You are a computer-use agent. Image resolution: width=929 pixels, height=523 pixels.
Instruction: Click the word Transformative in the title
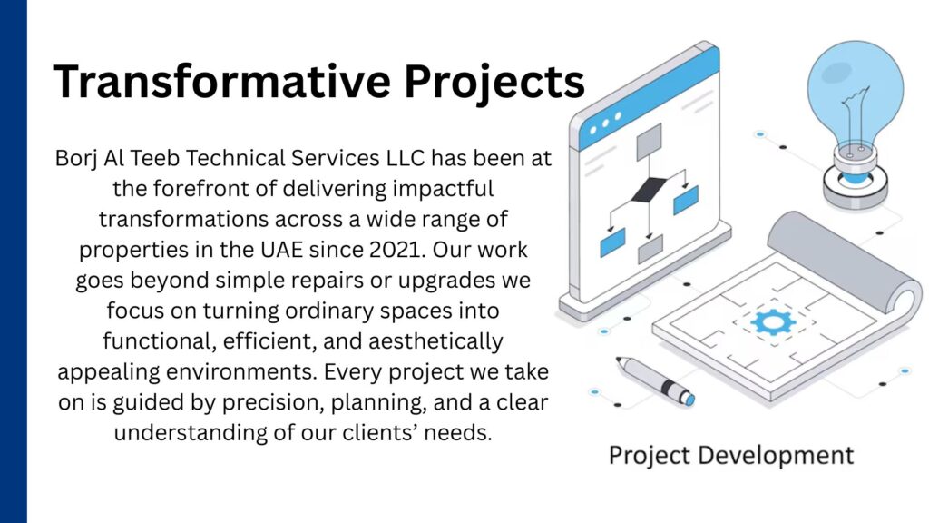pyautogui.click(x=221, y=81)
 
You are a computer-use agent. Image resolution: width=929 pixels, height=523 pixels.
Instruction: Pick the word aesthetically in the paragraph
pyautogui.click(x=435, y=342)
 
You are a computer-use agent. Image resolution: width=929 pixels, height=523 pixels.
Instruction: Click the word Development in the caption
pyautogui.click(x=776, y=456)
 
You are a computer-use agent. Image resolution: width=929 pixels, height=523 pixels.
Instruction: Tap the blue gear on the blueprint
pyautogui.click(x=773, y=323)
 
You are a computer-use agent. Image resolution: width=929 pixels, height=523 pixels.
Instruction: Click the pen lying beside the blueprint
pyautogui.click(x=655, y=380)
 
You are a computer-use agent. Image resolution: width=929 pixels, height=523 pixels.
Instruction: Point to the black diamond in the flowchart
pyautogui.click(x=650, y=189)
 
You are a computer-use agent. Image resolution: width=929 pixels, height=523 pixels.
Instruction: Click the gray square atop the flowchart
pyautogui.click(x=649, y=142)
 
